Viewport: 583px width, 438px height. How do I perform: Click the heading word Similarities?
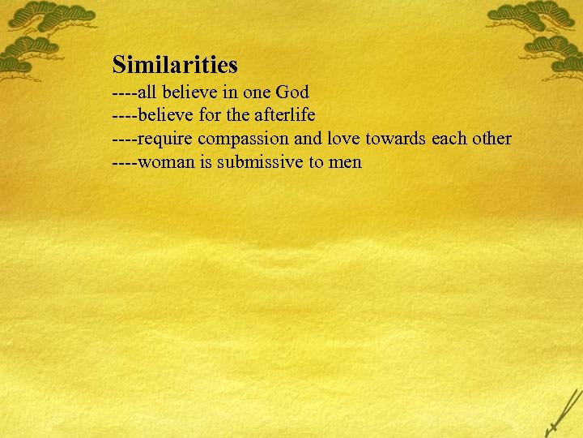pos(175,63)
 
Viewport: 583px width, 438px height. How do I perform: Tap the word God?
pos(292,91)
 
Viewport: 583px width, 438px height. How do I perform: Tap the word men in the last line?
pos(345,162)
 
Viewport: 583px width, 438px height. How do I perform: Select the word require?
pos(166,139)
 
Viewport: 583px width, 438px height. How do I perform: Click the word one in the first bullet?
pos(256,92)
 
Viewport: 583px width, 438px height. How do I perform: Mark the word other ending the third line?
pos(492,138)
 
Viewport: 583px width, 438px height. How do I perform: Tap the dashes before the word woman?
pos(125,162)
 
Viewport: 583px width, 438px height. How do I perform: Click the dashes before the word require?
pos(125,139)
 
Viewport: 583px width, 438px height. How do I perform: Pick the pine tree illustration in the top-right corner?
pos(538,32)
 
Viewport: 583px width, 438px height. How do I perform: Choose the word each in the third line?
pos(449,138)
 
